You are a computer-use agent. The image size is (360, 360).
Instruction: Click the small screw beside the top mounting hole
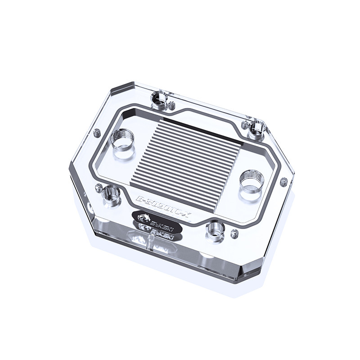pyautogui.click(x=171, y=106)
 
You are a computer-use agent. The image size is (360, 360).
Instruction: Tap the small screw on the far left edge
pyautogui.click(x=96, y=133)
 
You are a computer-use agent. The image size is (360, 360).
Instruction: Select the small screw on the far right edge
pyautogui.click(x=283, y=182)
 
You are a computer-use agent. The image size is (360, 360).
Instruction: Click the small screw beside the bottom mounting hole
pyautogui.click(x=234, y=234)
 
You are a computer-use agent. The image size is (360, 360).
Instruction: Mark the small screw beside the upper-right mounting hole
pyautogui.click(x=245, y=124)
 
